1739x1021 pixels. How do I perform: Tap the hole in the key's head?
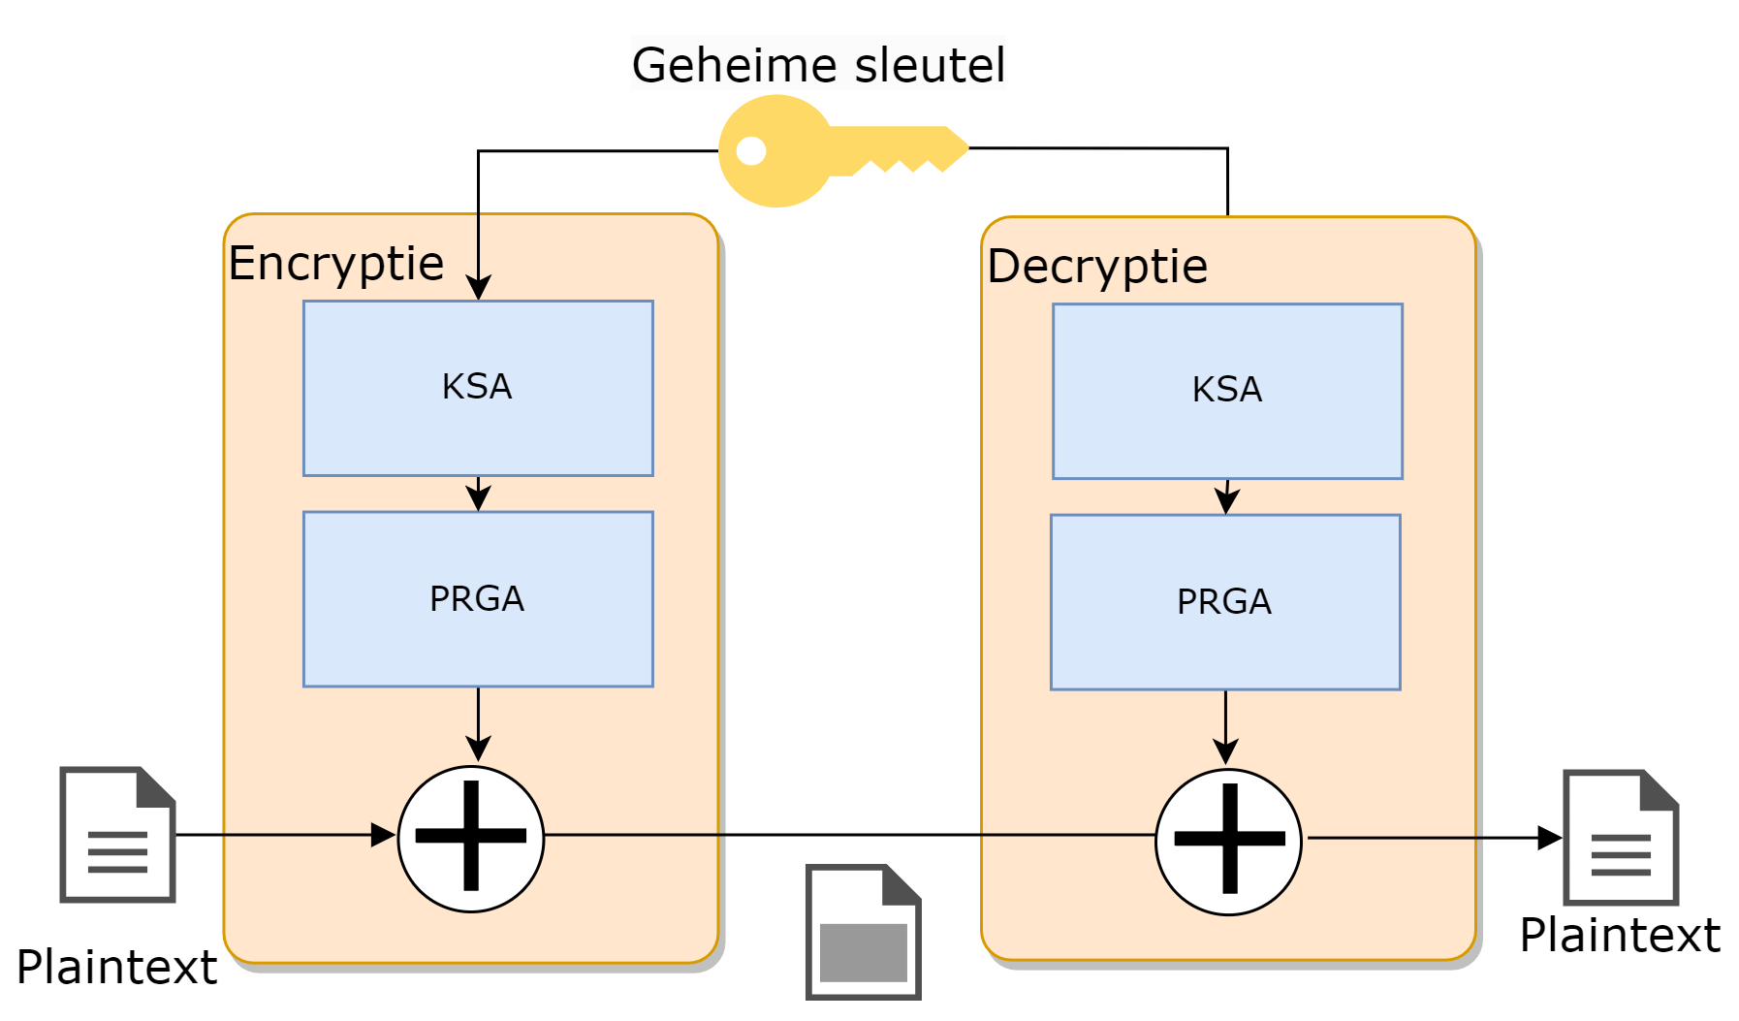[x=751, y=150]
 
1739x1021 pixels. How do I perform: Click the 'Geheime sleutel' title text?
[x=818, y=65]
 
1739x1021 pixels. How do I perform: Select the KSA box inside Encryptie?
[x=478, y=388]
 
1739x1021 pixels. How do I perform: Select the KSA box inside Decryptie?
[x=1227, y=391]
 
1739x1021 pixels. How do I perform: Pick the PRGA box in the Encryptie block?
[x=478, y=599]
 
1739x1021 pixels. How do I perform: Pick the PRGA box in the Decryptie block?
[x=1225, y=602]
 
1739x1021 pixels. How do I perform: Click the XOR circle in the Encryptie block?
[x=471, y=839]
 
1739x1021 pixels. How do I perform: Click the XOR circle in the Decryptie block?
[x=1229, y=842]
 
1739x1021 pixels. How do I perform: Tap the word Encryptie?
[x=335, y=263]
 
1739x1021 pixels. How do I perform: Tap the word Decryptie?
[x=1097, y=266]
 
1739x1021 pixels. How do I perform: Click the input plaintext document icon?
[x=117, y=835]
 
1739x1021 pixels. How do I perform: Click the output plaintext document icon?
[x=1621, y=838]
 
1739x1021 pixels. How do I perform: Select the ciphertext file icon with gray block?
[x=863, y=932]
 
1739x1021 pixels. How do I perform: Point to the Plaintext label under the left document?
[x=116, y=967]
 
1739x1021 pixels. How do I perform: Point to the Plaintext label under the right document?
[x=1620, y=936]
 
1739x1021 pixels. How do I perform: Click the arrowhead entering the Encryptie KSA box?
[x=478, y=288]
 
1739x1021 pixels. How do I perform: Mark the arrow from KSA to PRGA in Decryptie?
[x=1227, y=498]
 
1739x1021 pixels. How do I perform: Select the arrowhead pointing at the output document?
[x=1549, y=838]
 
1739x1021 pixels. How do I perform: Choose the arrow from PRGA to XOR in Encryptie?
[x=478, y=727]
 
